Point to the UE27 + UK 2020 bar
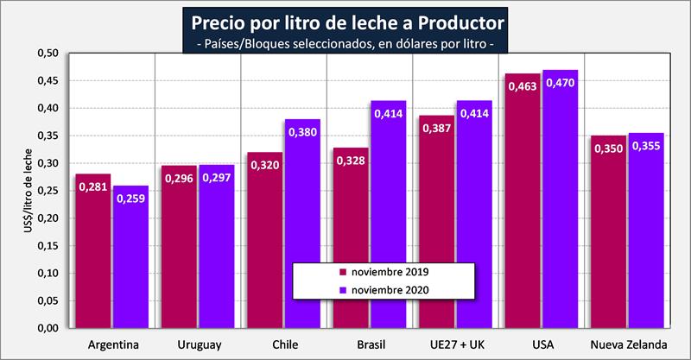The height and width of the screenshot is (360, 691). coord(474,216)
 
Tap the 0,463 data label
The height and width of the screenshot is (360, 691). coord(523,87)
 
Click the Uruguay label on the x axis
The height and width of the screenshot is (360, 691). coord(198,345)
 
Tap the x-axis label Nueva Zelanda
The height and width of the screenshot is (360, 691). coord(628,345)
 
